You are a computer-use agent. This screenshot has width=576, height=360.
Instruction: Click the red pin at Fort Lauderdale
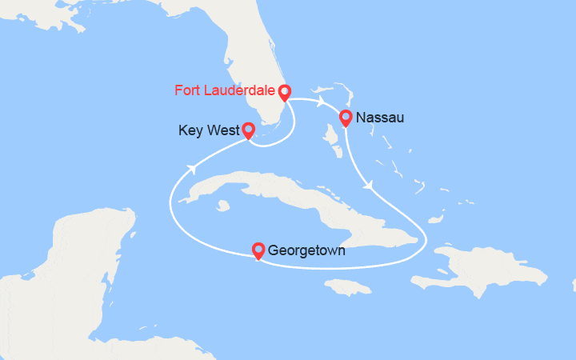point(284,92)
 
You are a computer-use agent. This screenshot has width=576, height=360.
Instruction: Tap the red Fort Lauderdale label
point(226,90)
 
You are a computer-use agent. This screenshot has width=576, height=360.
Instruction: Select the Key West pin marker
point(248,130)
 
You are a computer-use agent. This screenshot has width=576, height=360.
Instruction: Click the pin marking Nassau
point(346,118)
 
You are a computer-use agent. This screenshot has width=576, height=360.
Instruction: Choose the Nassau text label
point(380,118)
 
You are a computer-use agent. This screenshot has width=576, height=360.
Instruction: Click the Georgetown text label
point(307,251)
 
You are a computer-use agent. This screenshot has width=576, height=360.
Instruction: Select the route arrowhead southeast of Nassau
point(367,185)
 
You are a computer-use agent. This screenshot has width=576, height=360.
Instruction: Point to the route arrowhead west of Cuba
point(192,168)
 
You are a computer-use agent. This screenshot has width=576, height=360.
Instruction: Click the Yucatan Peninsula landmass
point(80,248)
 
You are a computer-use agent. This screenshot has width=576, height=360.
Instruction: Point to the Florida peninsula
point(256,72)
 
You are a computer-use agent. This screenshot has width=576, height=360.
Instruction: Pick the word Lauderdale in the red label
point(240,90)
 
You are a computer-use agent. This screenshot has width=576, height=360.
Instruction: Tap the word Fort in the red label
point(187,90)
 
